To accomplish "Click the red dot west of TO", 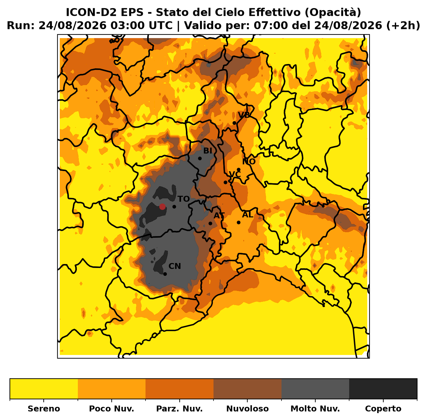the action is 162,207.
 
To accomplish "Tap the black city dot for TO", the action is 174,207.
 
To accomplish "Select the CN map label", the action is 175,266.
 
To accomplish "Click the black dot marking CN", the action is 165,274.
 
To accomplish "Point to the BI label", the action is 208,151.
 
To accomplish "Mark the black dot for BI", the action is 200,158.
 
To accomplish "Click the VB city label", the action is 244,115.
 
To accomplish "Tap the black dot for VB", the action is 234,123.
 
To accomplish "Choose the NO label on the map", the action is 249,162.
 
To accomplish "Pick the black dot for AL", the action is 239,222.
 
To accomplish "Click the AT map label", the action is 219,215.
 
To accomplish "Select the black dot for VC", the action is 225,182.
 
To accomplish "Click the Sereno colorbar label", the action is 44,409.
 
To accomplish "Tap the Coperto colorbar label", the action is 383,409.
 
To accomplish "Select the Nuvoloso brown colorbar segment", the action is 247,389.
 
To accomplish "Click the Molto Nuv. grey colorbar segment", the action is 315,389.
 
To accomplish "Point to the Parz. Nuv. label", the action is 179,409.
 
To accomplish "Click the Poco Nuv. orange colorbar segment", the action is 112,389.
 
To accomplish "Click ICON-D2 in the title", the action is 91,12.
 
